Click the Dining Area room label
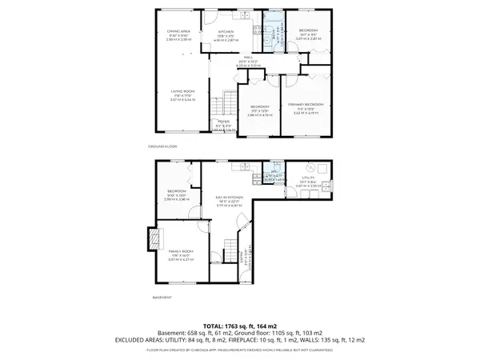tap(178, 33)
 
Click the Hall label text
tap(250, 58)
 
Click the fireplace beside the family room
tap(151, 239)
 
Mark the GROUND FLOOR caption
tap(163, 146)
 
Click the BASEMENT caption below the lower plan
tap(161, 298)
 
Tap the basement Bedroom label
tap(177, 192)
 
